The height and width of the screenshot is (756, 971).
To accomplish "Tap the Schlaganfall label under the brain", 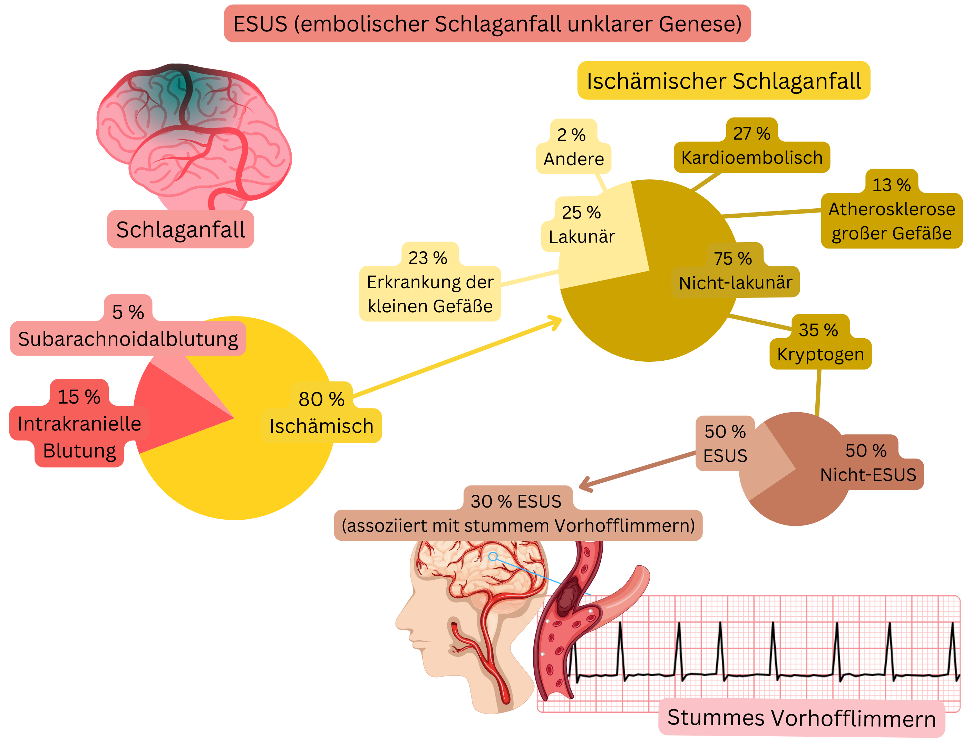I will [x=180, y=230].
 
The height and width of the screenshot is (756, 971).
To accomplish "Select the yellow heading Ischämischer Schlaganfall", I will [x=724, y=81].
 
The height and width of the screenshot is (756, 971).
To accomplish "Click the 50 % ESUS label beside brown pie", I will [x=725, y=443].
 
